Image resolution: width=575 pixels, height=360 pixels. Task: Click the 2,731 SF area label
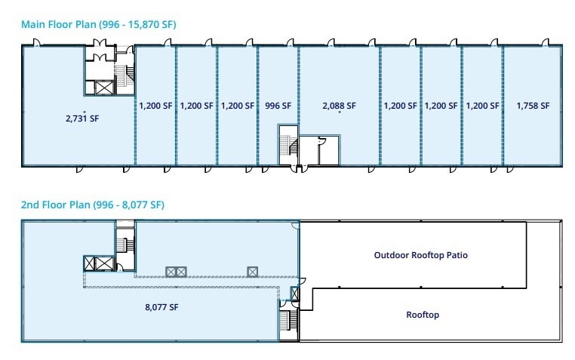(x=83, y=118)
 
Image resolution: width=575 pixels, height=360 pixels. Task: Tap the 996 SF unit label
(x=278, y=106)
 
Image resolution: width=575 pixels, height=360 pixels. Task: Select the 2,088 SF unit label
(x=339, y=106)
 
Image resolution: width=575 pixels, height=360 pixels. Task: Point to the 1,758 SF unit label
(x=533, y=106)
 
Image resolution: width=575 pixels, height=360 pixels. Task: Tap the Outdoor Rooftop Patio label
(x=420, y=255)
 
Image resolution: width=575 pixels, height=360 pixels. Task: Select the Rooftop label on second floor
(x=422, y=315)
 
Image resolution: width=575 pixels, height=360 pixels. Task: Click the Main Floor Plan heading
(x=99, y=24)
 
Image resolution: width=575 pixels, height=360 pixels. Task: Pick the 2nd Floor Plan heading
(x=93, y=205)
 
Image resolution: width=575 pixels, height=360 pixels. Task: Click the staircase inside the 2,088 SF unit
(x=288, y=145)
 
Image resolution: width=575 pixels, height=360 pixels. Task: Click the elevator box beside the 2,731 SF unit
(x=102, y=88)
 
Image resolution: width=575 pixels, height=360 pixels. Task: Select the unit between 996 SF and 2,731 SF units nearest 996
(x=237, y=106)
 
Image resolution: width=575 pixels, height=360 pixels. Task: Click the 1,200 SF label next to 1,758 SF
(x=481, y=106)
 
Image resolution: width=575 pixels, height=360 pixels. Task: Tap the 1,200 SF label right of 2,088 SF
(x=400, y=106)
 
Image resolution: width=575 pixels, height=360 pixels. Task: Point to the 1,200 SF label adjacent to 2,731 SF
(x=155, y=106)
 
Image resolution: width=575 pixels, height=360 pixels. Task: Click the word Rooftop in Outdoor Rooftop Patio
(x=429, y=255)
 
